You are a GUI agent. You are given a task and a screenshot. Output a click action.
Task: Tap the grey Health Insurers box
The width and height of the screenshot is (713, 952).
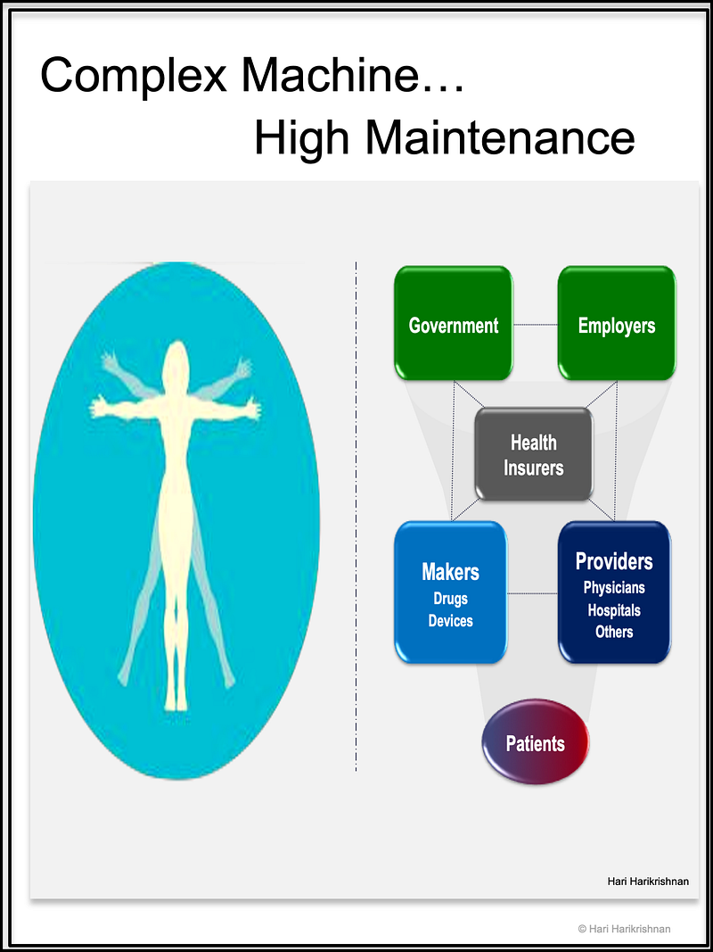pos(533,454)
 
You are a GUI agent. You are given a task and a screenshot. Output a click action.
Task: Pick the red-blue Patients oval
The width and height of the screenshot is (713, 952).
pos(535,742)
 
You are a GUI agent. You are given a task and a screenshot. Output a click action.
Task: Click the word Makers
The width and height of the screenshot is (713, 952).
pos(450,572)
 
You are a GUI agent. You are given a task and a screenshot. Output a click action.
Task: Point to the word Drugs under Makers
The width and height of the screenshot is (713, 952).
pos(450,599)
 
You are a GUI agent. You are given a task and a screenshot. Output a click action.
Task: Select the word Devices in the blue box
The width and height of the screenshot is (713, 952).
pos(450,621)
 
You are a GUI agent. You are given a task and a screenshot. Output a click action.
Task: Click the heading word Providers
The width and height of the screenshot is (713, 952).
pos(614,561)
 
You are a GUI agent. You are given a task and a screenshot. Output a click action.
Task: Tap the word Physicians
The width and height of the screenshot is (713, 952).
pos(614,588)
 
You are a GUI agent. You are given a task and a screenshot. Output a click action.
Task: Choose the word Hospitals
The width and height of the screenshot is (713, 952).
pos(614,610)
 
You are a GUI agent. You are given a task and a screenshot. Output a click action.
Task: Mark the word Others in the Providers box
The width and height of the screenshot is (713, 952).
pos(614,632)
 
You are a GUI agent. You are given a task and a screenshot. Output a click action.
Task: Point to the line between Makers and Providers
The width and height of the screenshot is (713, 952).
pos(532,592)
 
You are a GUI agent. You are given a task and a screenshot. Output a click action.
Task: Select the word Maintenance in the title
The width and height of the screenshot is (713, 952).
pos(500,138)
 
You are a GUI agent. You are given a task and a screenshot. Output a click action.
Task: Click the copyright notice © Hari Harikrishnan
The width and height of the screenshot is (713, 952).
pos(624,929)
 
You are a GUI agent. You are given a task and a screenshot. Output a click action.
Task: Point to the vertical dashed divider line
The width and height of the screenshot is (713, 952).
pos(356,517)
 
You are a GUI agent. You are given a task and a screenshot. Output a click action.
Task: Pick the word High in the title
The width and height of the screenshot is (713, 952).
pos(304,138)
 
